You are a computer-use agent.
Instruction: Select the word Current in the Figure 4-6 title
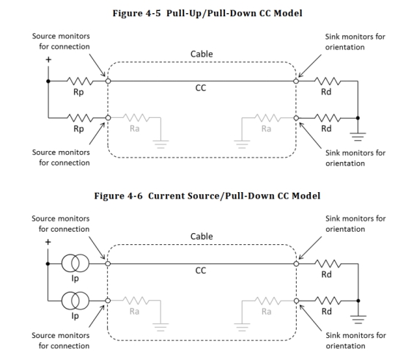pos(166,196)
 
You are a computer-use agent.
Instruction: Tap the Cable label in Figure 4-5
pos(202,54)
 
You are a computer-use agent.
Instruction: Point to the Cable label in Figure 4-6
pos(202,236)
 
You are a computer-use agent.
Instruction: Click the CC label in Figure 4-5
pos(201,88)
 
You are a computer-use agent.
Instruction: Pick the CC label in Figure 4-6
pos(201,271)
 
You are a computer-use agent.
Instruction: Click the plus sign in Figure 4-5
pos(48,60)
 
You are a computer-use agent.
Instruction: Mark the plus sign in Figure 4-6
pos(48,242)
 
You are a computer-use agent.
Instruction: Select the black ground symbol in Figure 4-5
pos(358,137)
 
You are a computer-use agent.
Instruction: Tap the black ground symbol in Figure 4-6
pos(358,320)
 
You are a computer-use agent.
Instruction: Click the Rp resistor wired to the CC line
pos(80,81)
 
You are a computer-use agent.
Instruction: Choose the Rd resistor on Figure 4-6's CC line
pos(328,264)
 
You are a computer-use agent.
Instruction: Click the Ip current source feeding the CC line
pos(75,264)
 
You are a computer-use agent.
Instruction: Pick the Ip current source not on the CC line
pos(75,301)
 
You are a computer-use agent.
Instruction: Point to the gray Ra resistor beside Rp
pos(136,118)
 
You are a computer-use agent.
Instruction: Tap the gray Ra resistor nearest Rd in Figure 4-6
pos(267,301)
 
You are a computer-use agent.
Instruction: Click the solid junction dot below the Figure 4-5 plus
pos(48,81)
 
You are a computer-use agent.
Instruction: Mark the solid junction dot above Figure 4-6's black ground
pos(358,301)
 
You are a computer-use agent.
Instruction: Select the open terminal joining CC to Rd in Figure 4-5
pos(296,81)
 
